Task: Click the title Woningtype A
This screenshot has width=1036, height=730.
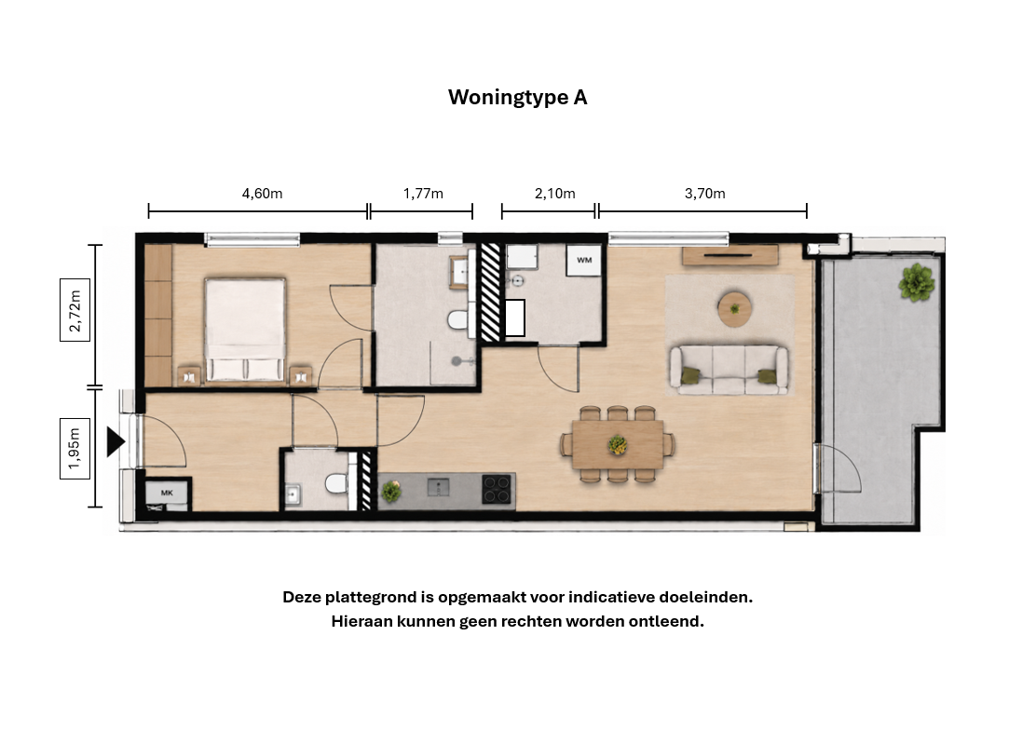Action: (517, 97)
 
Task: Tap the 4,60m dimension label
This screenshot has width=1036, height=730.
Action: (263, 194)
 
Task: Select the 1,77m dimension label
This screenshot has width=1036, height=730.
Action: (423, 194)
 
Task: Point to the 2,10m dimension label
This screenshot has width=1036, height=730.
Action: (554, 194)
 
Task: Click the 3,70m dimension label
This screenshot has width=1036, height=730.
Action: (705, 194)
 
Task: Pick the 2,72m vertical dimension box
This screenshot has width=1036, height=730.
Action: (75, 310)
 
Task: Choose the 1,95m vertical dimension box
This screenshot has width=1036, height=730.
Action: (75, 448)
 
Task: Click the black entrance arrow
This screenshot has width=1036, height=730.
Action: (116, 441)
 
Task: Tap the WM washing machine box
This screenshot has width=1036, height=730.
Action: (584, 261)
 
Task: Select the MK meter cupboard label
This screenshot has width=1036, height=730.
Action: (167, 493)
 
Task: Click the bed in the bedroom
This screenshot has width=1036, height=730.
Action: (245, 330)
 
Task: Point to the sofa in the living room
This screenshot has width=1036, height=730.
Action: (729, 370)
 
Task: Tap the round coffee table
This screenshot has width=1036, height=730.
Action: (735, 308)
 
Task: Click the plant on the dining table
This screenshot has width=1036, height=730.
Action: (618, 444)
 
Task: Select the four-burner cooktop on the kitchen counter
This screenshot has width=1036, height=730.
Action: (498, 490)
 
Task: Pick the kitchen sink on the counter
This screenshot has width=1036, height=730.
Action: (438, 488)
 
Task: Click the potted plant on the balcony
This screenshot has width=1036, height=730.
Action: (917, 283)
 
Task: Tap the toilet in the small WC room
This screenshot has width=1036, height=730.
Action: (336, 484)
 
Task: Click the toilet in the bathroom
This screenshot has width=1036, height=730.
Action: (457, 320)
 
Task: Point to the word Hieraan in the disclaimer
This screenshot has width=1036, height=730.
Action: (361, 622)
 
